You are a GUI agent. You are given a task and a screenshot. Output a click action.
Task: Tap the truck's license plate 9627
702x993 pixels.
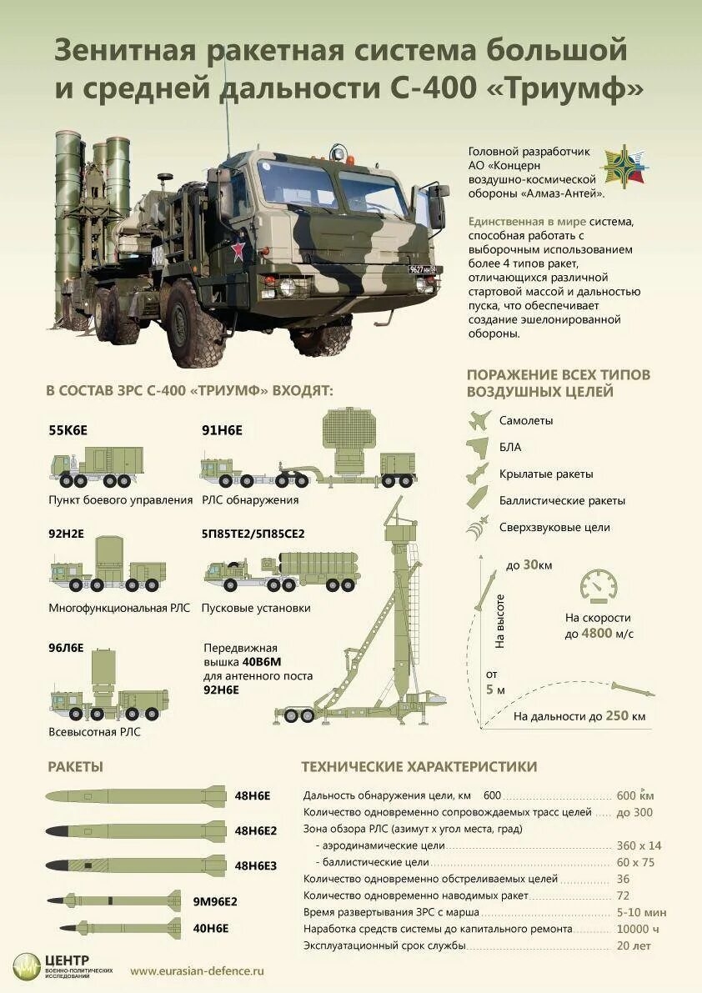[x=425, y=268]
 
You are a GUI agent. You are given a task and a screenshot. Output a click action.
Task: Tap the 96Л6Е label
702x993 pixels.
[x=67, y=647]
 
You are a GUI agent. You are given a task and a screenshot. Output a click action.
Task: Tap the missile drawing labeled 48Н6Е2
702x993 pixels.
[x=135, y=830]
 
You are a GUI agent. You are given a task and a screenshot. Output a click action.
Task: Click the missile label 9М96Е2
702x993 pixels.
[x=215, y=901]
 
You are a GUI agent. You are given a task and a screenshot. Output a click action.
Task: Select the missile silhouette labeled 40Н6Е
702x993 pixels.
[x=120, y=927]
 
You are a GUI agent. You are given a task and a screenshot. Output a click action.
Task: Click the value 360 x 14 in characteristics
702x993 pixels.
[x=639, y=845]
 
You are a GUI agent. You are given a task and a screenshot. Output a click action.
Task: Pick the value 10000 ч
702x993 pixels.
[x=638, y=929]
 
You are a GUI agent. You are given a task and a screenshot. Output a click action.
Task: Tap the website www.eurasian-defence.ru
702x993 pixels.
[x=197, y=970]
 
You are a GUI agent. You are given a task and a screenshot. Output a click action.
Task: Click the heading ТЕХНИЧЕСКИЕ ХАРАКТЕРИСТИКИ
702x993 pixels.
[x=419, y=766]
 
